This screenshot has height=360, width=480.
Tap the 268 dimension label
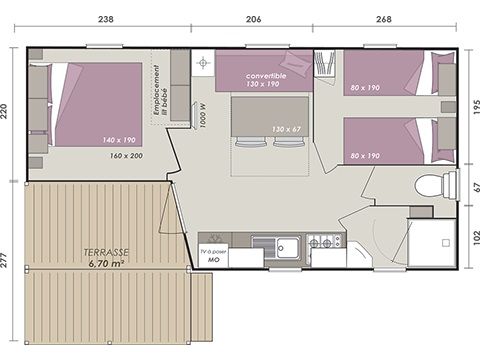[x=384, y=18]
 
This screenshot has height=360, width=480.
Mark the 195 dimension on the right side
[x=473, y=105]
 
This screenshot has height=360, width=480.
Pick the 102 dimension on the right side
[x=473, y=238]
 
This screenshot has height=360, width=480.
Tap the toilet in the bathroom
[x=430, y=185]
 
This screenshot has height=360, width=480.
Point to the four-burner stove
[x=324, y=242]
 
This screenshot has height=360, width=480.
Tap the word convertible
[x=264, y=75]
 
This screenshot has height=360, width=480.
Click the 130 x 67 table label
[x=286, y=128]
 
